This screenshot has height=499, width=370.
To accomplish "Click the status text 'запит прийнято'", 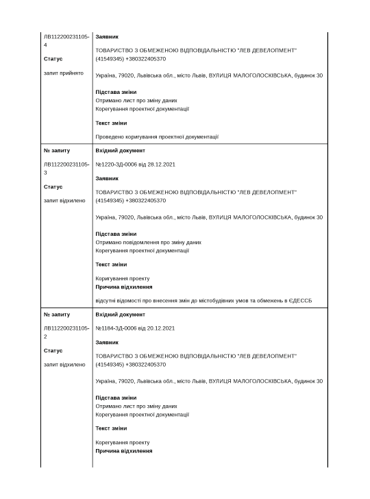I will [64, 73].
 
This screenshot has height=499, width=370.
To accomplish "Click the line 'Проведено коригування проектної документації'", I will [157, 136].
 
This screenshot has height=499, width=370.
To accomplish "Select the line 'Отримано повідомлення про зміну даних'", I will [148, 242].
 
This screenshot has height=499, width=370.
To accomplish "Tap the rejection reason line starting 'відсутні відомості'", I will [203, 300].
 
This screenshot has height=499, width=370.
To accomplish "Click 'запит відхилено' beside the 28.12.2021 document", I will [64, 201].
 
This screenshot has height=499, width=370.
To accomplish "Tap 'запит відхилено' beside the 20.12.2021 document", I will [64, 365].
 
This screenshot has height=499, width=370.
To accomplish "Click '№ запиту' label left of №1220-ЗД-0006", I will [57, 150].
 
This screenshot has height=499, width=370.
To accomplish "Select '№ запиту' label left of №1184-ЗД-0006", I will [57, 315].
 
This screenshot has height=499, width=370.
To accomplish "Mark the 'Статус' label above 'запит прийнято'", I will [53, 59].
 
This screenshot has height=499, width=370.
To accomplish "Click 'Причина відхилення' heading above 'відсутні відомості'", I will [124, 287].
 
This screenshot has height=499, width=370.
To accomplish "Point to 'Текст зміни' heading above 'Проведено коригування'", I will [111, 123].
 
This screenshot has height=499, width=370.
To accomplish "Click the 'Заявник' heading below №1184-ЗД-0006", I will [107, 342].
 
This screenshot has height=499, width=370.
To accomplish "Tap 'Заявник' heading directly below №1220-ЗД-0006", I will [107, 178].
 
